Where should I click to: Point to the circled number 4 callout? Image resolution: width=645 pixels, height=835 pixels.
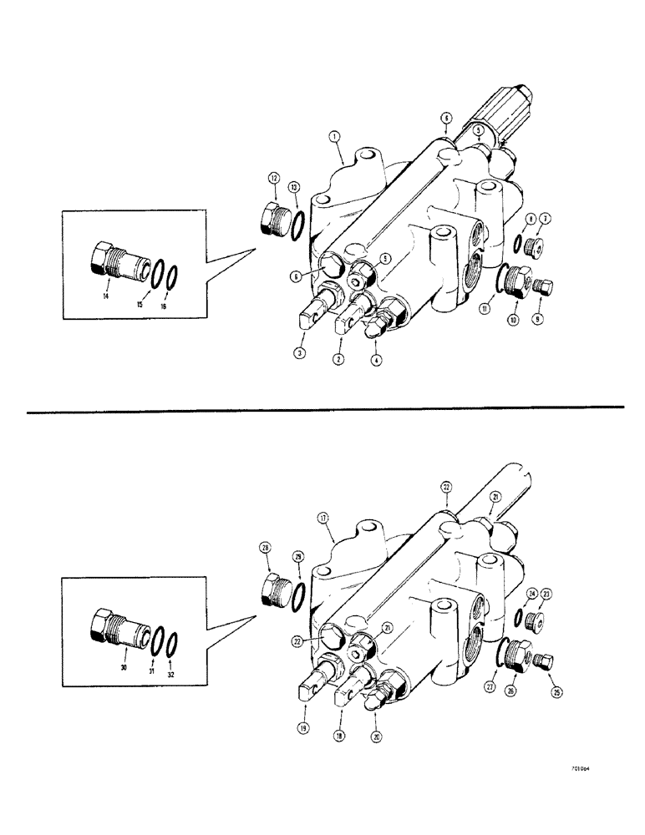coord(376,361)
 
